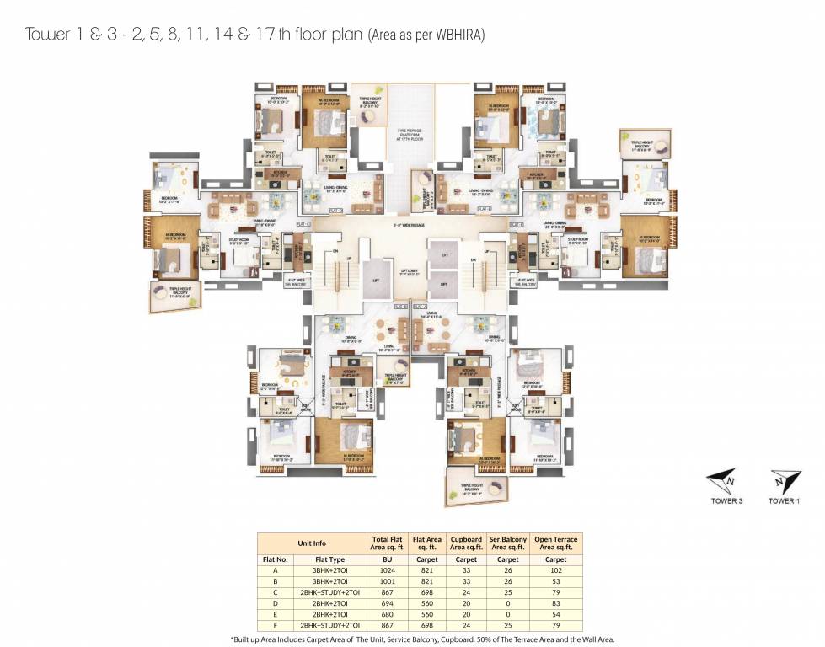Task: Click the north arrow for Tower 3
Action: click(723, 483)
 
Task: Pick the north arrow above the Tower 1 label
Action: click(781, 483)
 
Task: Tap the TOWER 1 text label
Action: click(782, 502)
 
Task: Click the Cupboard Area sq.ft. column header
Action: click(465, 543)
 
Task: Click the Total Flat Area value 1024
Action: click(387, 569)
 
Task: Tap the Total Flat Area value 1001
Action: click(387, 580)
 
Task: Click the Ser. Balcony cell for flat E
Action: click(508, 615)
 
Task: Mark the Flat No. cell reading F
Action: click(276, 626)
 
